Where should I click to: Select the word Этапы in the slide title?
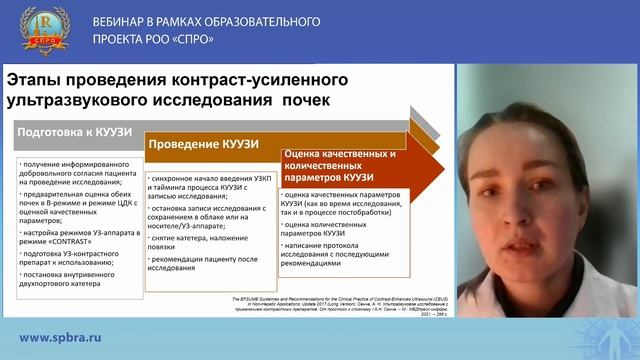[x=38, y=79]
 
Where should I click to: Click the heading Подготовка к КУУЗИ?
[x=69, y=132]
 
